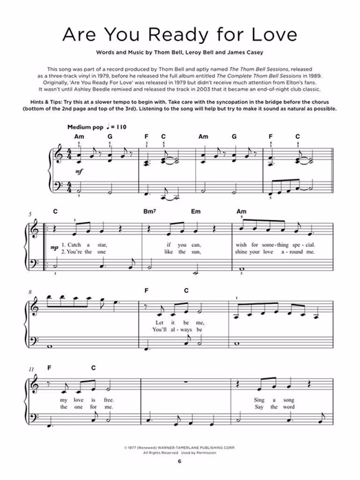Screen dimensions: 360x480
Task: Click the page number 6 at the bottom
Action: click(179, 461)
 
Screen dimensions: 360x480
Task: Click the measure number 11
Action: click(31, 370)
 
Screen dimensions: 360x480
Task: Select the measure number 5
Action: click(30, 215)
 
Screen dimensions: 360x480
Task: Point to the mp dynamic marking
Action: click(54, 245)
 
